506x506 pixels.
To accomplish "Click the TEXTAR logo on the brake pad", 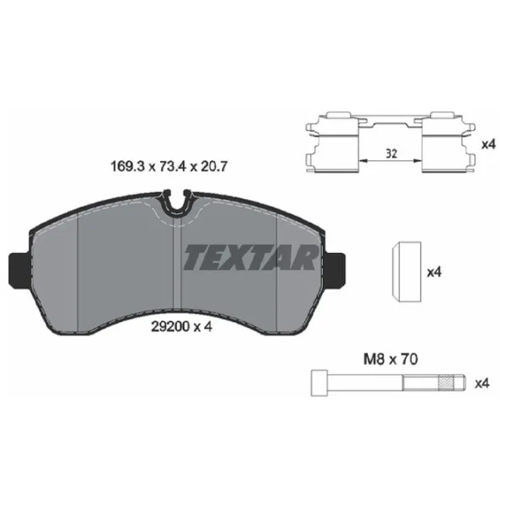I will click(x=250, y=256).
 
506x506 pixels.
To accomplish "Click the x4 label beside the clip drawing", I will click(x=487, y=144).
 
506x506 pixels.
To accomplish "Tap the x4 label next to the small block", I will click(x=434, y=272).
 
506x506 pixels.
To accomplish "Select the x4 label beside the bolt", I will click(x=482, y=383).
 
